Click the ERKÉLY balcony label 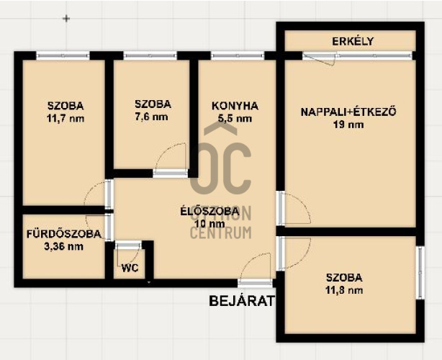pyautogui.click(x=353, y=41)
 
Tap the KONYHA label pyautogui.click(x=235, y=106)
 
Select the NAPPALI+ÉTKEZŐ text pyautogui.click(x=348, y=112)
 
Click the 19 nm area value pyautogui.click(x=348, y=125)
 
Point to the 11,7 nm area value pyautogui.click(x=66, y=118)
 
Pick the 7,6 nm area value pyautogui.click(x=152, y=117)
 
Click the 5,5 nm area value pyautogui.click(x=235, y=118)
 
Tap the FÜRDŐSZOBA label pyautogui.click(x=64, y=234)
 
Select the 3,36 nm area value pyautogui.click(x=63, y=246)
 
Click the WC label pyautogui.click(x=130, y=268)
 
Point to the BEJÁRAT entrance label pyautogui.click(x=242, y=301)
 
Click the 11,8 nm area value pyautogui.click(x=344, y=290)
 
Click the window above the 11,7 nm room pyautogui.click(x=63, y=55)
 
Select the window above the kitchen pyautogui.click(x=238, y=55)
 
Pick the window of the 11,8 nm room pyautogui.click(x=420, y=273)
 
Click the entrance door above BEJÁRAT pyautogui.click(x=255, y=283)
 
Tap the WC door pyautogui.click(x=128, y=246)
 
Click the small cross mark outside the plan pyautogui.click(x=66, y=19)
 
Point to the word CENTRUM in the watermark pyautogui.click(x=221, y=233)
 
